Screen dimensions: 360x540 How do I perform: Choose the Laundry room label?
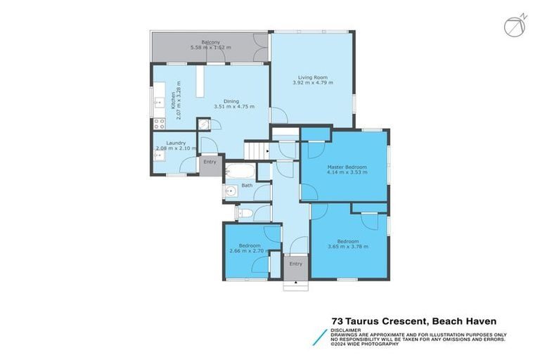point(176,143)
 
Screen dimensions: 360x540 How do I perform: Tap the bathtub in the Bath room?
point(239,172)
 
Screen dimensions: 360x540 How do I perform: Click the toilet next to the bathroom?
point(243,212)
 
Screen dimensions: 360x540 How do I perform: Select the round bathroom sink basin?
point(231,192)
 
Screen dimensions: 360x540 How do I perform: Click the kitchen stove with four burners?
point(159,123)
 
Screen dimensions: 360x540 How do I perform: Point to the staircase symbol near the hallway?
point(256,150)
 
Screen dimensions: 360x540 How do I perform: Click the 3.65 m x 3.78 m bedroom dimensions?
point(348,247)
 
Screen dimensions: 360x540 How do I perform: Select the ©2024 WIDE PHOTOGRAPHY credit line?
point(366,344)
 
